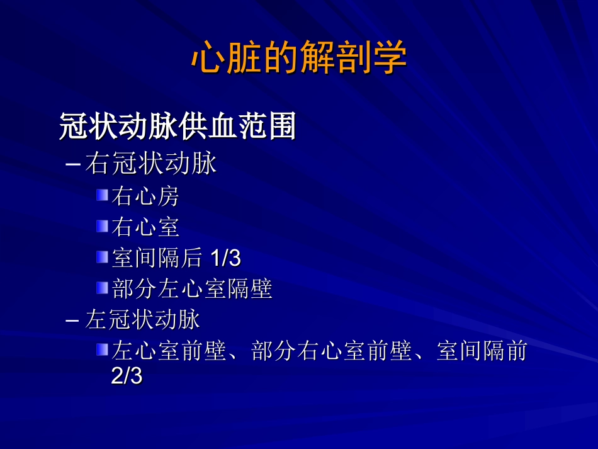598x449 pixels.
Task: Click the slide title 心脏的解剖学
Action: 299,59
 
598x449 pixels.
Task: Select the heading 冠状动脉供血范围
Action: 178,127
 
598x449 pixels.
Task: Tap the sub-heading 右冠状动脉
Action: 151,164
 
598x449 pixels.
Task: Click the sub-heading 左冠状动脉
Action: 143,320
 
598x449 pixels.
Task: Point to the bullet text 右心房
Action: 145,196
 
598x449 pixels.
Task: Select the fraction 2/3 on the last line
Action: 127,377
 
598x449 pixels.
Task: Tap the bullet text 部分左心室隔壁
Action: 192,289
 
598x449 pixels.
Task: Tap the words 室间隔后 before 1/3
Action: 157,258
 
